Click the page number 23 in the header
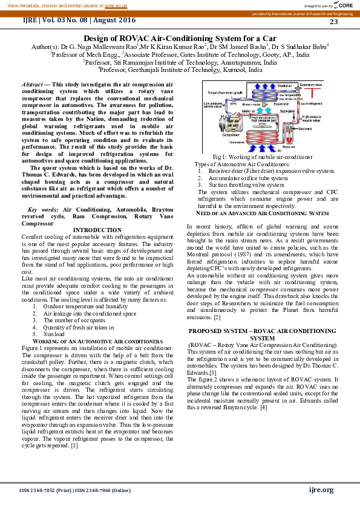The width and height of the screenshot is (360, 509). coord(334,22)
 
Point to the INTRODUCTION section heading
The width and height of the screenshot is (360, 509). coord(97,230)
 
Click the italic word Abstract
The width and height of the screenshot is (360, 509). coord(31,85)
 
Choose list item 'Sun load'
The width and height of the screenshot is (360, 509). coord(54,334)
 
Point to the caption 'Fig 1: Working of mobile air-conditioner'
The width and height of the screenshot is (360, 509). coord(258,157)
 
